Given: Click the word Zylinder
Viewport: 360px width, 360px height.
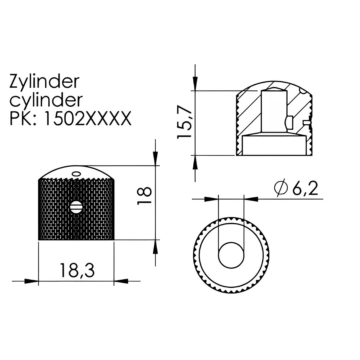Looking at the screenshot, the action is coord(44,81).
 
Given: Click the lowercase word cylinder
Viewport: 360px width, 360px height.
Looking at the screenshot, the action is coord(46,100).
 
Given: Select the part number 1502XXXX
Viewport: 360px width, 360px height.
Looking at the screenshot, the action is coord(87,118).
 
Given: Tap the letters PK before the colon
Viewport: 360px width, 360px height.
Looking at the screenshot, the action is coord(20,118).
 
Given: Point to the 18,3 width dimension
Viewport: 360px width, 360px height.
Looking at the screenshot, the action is coord(77,270).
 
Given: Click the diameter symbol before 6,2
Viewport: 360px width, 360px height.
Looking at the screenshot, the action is coord(281,188).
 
